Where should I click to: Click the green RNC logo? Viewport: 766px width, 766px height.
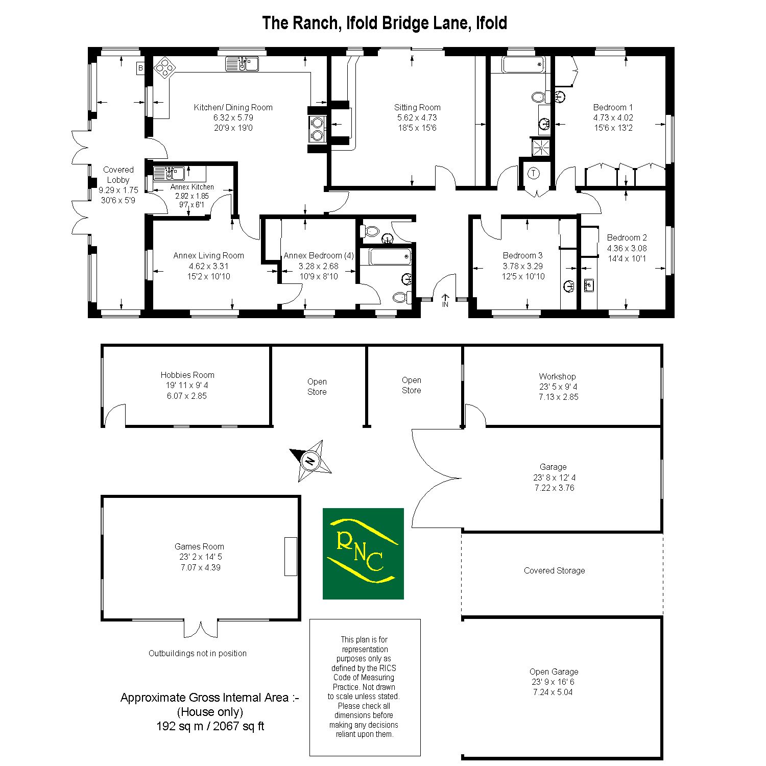coord(363,554)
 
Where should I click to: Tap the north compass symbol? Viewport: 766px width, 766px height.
coord(310,461)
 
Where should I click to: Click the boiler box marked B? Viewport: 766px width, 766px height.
coord(141,68)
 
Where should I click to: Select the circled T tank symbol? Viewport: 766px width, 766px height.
coord(534,173)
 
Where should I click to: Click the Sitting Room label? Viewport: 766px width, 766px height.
coord(417,107)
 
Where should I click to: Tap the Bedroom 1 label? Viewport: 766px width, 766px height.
coord(613,107)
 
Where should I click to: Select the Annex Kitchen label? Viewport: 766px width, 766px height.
coord(192,187)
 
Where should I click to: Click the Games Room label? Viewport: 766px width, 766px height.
coord(199,546)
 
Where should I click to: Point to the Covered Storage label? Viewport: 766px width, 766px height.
coord(555,570)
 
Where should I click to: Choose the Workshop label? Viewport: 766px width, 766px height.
coord(557,376)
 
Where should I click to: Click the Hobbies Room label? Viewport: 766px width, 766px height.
coord(187,375)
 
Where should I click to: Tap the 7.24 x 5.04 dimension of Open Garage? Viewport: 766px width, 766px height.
coord(553,692)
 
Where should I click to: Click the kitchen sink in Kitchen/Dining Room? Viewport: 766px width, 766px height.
coord(243,64)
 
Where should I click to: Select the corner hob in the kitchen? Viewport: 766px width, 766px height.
coord(165,67)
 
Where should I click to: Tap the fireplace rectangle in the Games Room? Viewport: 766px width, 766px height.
coord(291,557)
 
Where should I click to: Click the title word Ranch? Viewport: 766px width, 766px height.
coord(315,23)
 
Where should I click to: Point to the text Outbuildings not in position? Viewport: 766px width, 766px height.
coord(198,653)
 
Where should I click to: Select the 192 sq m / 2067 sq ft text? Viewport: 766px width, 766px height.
coord(210,726)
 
